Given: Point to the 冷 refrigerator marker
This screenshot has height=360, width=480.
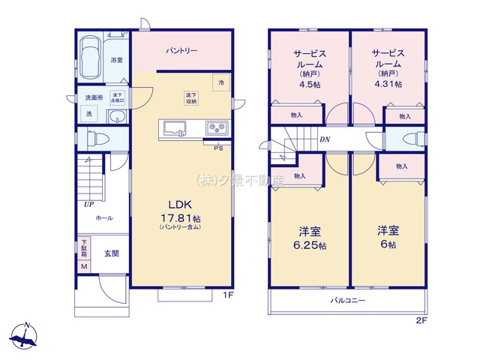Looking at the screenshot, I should (220, 82).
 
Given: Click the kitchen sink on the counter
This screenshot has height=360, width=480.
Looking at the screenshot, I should (175, 127).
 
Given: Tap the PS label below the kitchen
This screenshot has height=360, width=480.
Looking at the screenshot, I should (218, 148).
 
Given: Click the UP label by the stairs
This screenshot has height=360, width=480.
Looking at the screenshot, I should (88, 204).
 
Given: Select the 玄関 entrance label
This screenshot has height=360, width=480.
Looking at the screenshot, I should (111, 254).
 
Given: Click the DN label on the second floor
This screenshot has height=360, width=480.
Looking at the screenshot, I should (325, 139).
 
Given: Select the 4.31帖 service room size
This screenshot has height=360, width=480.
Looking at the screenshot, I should (387, 84).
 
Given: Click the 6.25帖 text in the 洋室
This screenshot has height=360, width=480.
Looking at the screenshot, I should (309, 245).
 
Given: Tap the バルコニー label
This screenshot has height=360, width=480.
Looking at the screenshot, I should (347, 301).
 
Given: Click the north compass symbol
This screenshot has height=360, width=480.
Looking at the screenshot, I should (26, 337).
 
